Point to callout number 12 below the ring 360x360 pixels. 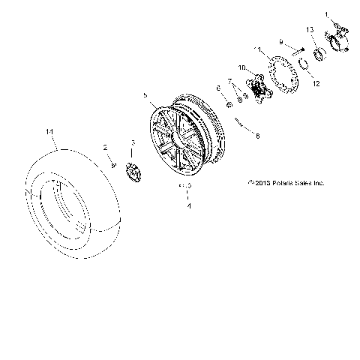[x=316, y=83]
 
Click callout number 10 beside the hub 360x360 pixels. [x=242, y=68]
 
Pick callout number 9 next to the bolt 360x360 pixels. [x=280, y=41]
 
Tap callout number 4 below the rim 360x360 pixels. [x=188, y=204]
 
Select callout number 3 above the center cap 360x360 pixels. [x=133, y=142]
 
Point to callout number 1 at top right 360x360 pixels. [x=326, y=14]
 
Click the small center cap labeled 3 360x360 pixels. [x=133, y=172]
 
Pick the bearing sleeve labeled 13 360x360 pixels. [x=318, y=52]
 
